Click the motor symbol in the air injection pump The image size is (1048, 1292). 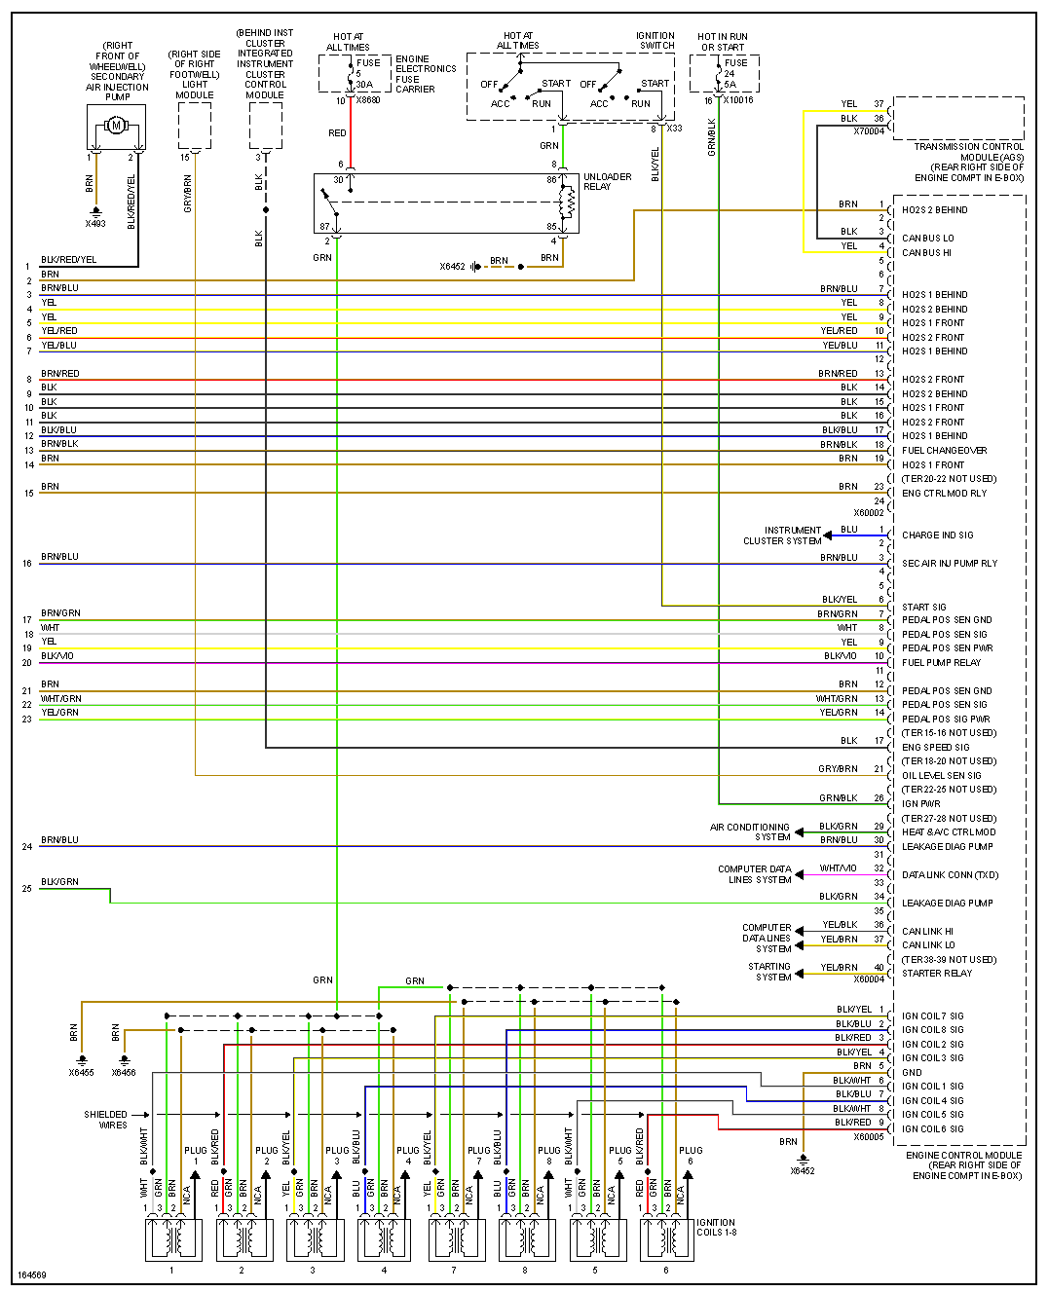pyautogui.click(x=116, y=125)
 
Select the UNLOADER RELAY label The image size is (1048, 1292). pyautogui.click(x=608, y=182)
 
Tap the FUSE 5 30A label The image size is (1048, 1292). pyautogui.click(x=367, y=74)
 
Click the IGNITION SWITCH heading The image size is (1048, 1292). pyautogui.click(x=655, y=41)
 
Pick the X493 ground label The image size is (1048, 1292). pyautogui.click(x=95, y=224)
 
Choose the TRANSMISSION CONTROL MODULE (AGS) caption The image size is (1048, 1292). pyautogui.click(x=968, y=162)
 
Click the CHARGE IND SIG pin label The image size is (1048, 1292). pyautogui.click(x=937, y=535)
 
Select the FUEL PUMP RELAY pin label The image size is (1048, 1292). pyautogui.click(x=941, y=663)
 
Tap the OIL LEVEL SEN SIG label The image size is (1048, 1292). pyautogui.click(x=941, y=776)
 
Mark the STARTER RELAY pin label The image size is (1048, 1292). pyautogui.click(x=936, y=974)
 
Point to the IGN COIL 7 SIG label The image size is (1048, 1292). pyautogui.click(x=932, y=1016)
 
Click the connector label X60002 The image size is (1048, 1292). pyautogui.click(x=869, y=513)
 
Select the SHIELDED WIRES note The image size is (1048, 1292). pyautogui.click(x=106, y=1120)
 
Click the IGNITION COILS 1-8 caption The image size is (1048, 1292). pyautogui.click(x=716, y=1228)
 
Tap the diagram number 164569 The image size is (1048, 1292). pyautogui.click(x=32, y=1275)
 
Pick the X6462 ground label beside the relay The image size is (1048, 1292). pyautogui.click(x=452, y=267)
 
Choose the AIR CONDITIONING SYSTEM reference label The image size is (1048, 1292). pyautogui.click(x=750, y=831)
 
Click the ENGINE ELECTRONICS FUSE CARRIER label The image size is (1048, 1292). pyautogui.click(x=426, y=74)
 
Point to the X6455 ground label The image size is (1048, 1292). pyautogui.click(x=82, y=1073)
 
